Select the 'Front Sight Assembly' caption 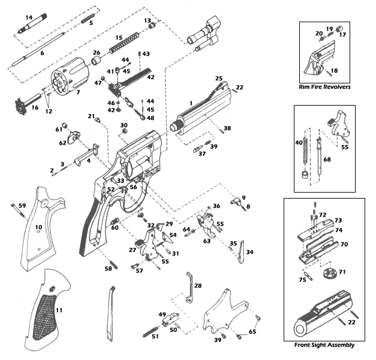coord(324,345)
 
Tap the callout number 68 coord(327,160)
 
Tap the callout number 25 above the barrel coord(219,79)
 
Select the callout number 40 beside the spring coord(299,143)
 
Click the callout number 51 coord(155,337)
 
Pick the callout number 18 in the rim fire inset coord(334,71)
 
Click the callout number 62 coord(62,143)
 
